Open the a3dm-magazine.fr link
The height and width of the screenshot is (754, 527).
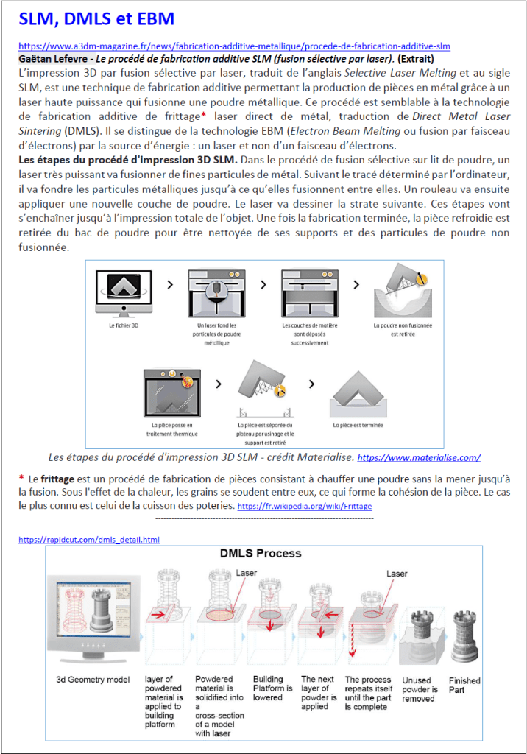click(x=234, y=46)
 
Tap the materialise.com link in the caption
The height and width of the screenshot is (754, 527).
click(x=418, y=457)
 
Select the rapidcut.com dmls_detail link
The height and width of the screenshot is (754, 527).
click(x=89, y=539)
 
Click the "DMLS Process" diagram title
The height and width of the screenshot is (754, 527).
click(x=261, y=553)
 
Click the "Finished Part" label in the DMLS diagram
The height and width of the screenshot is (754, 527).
click(x=464, y=685)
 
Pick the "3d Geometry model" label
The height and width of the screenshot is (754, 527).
click(x=93, y=680)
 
